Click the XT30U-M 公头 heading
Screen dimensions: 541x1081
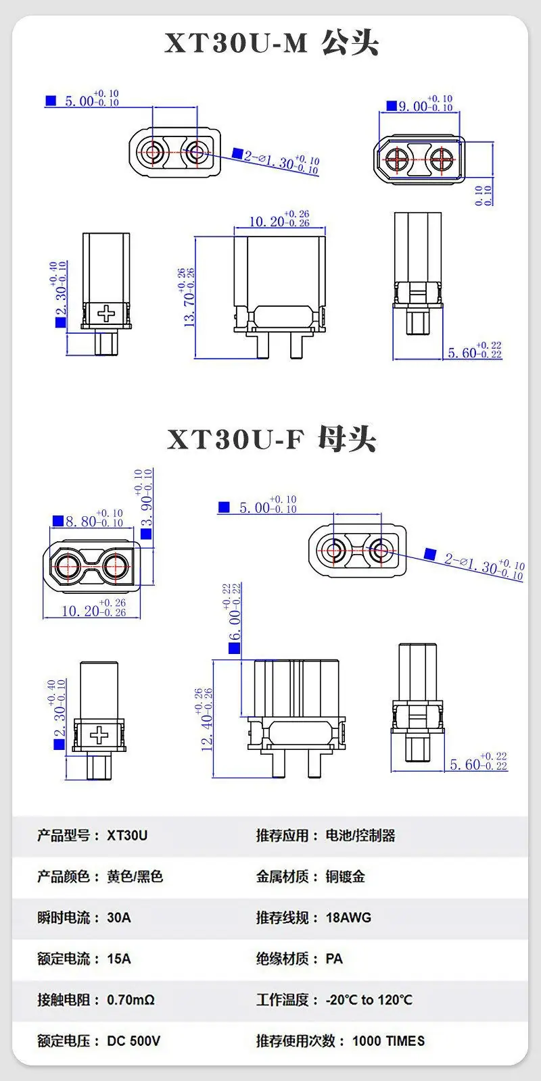coord(271,43)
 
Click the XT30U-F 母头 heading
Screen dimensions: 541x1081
coord(271,439)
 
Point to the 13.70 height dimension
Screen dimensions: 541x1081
coord(189,297)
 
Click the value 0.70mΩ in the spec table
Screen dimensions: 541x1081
coord(131,999)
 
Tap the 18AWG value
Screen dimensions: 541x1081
coord(348,917)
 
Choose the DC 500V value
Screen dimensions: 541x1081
coord(133,1041)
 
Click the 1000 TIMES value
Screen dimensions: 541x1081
coord(388,1041)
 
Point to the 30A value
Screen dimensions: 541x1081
coord(119,917)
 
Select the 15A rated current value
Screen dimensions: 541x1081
coord(119,959)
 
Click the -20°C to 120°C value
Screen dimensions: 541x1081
coord(369,999)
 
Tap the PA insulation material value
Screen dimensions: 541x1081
coord(334,959)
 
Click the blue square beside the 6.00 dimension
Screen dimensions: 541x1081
coord(234,648)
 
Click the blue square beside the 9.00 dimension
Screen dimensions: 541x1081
coord(392,105)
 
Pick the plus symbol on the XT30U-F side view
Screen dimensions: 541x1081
coord(99,735)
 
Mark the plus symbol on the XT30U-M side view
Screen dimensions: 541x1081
coord(106,313)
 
